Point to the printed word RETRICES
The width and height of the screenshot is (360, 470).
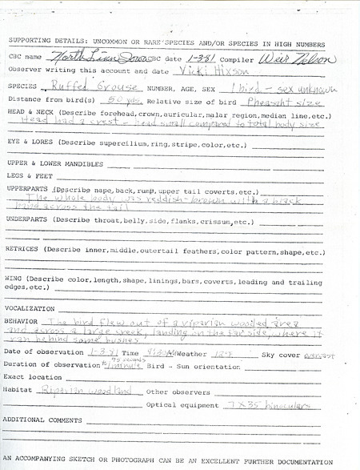(x=22, y=249)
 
